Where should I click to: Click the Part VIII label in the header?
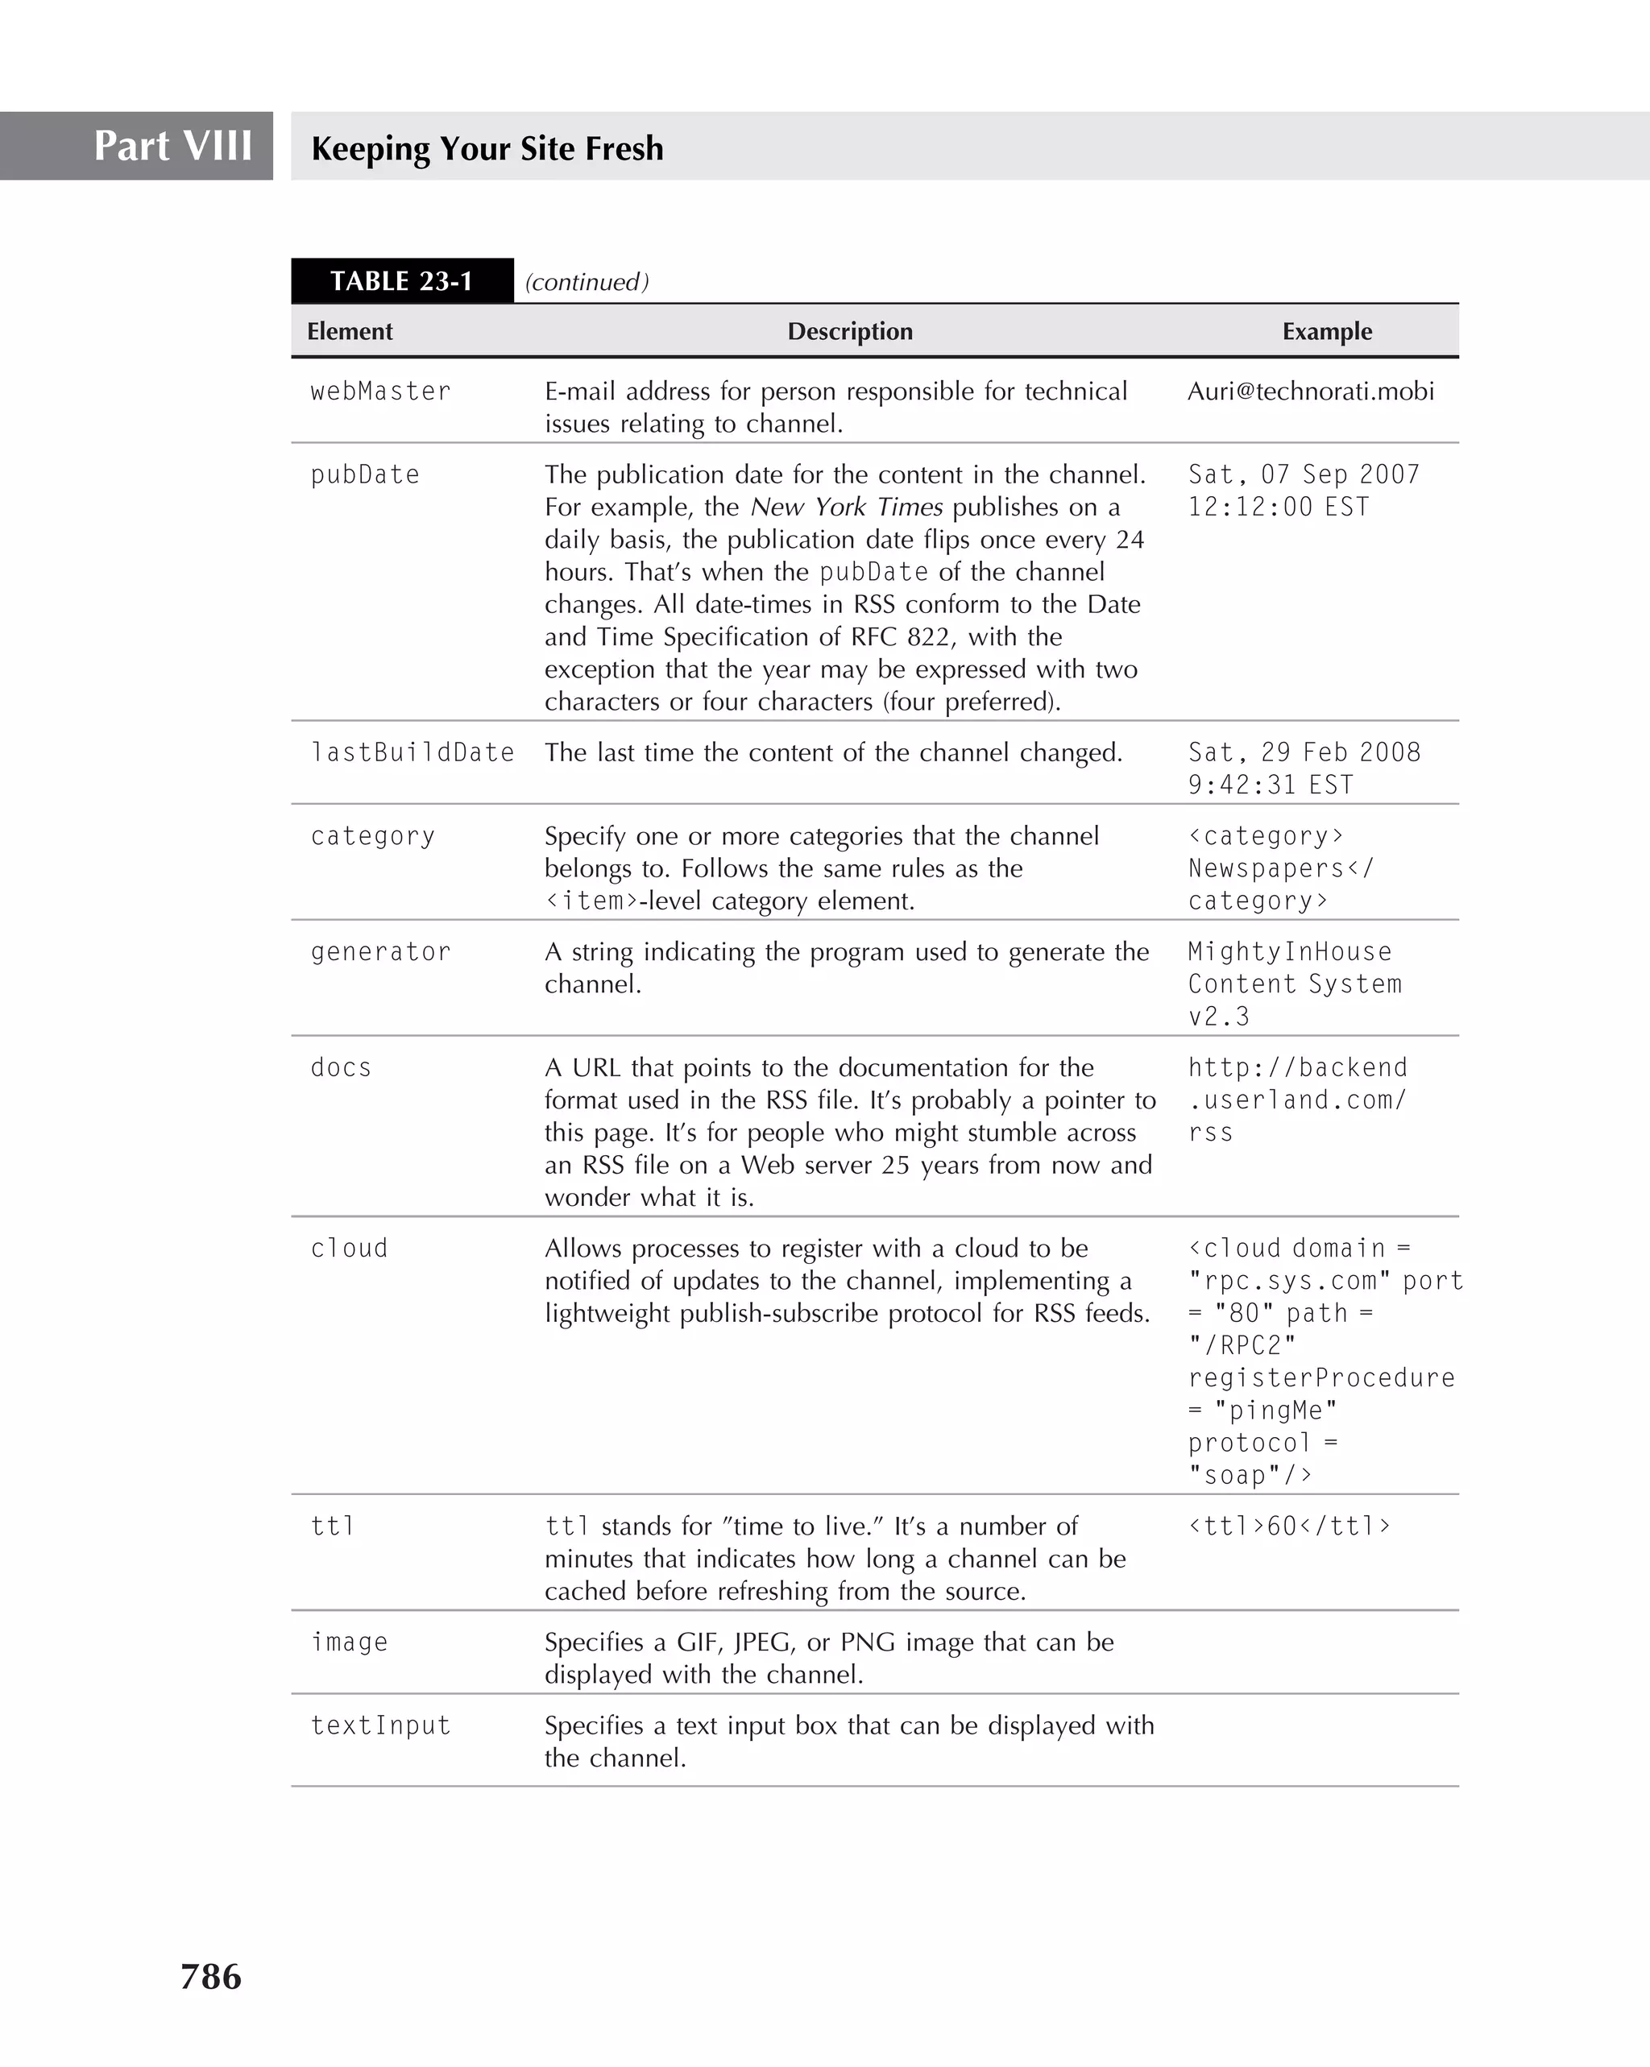point(172,147)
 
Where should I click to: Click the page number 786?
point(211,1976)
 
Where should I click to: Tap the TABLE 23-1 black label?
point(402,281)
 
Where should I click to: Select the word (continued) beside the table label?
point(587,282)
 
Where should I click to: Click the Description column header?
point(849,331)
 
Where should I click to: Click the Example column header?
point(1327,331)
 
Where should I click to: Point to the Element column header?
point(350,331)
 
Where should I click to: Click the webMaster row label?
point(380,391)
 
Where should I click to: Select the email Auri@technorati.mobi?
point(1311,391)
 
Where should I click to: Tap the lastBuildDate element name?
point(412,752)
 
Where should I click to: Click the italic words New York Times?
point(847,507)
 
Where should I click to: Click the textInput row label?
point(380,1725)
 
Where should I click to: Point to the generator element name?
point(380,952)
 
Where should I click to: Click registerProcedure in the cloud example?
point(1321,1377)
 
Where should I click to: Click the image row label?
point(349,1642)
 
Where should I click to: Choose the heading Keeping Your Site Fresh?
point(487,148)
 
